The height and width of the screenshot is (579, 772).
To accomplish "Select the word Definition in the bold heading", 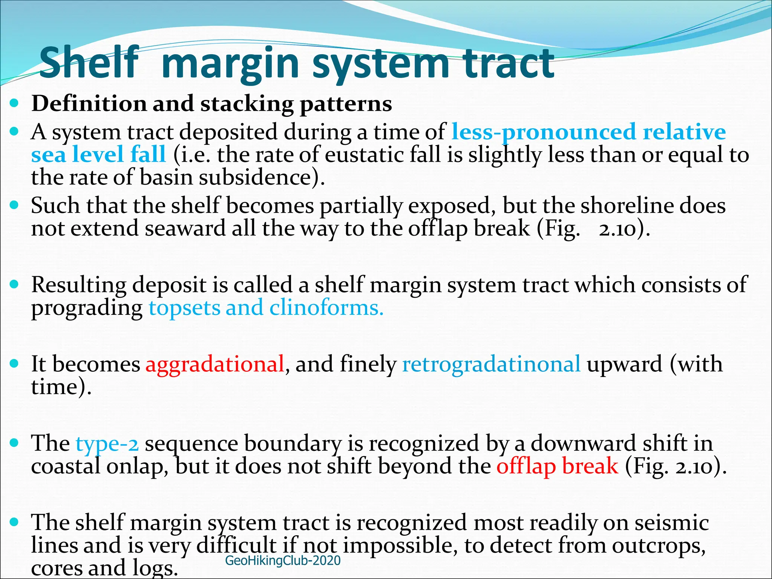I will coord(89,104).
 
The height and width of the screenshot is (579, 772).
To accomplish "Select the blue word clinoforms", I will coord(326,308).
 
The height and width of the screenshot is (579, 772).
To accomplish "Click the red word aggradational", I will coord(215,364).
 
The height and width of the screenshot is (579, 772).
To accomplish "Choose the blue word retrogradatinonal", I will coord(491,364).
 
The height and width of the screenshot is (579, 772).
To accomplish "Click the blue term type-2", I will coord(107,444).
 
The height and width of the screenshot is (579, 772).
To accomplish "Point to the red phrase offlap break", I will coord(557,466).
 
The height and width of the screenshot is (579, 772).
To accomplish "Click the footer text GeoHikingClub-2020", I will coord(283,561).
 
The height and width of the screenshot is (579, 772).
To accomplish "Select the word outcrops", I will coord(658,545).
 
